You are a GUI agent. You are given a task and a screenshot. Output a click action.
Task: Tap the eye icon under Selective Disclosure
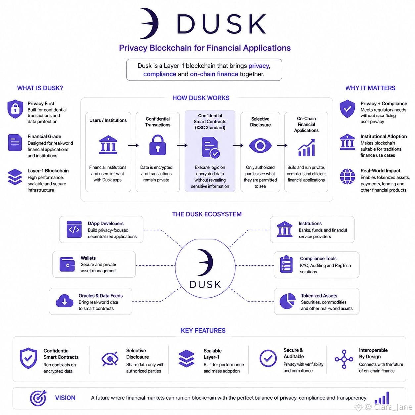point(260,145)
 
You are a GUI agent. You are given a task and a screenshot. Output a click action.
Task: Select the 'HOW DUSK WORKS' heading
point(201,98)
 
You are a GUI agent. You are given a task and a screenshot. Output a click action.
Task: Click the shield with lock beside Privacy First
point(15,109)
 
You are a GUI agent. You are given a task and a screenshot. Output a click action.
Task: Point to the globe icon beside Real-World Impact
point(347,177)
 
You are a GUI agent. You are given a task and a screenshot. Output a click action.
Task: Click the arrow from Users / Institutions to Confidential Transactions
point(133,145)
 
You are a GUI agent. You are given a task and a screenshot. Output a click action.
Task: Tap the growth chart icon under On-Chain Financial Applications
point(306,148)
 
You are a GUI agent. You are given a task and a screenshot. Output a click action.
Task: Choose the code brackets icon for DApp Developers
point(74,229)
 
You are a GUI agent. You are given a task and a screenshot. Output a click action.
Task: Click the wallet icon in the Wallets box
point(67,264)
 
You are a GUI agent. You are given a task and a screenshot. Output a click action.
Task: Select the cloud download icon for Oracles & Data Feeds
point(65,300)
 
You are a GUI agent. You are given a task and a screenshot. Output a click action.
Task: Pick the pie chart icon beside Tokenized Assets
point(287,300)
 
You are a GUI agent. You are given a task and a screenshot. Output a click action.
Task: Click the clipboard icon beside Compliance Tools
point(286,264)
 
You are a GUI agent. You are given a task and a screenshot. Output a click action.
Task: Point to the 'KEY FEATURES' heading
point(203,330)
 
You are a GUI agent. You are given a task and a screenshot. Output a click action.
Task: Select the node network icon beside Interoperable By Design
point(344,359)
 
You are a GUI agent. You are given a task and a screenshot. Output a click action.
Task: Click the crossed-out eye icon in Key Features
point(110,359)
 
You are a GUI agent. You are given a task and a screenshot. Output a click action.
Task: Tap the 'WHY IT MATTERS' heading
point(370,88)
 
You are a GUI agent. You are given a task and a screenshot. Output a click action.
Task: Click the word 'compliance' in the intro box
point(160,74)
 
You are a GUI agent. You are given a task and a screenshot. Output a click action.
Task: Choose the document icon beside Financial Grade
point(15,142)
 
